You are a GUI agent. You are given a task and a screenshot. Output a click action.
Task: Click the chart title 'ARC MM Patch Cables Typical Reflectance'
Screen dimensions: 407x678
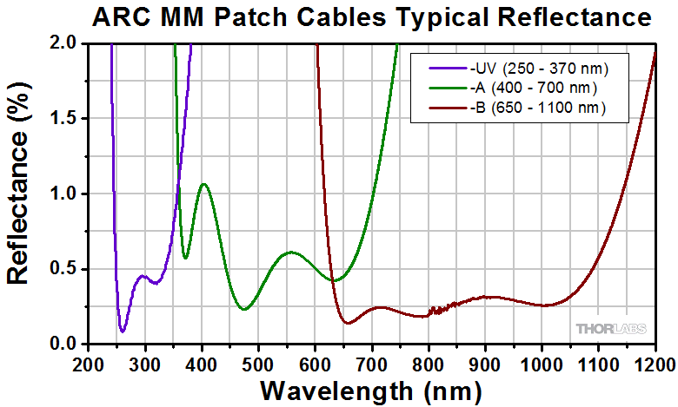coord(371,17)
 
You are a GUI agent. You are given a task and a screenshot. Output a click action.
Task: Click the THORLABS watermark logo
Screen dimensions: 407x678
coord(610,328)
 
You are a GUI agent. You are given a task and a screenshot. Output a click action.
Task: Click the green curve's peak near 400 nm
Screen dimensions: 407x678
coord(204,184)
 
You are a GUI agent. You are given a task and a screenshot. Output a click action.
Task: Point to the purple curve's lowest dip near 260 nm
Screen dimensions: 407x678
coord(123,332)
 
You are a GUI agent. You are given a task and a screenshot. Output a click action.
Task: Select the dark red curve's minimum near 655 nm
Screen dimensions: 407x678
coord(347,324)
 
